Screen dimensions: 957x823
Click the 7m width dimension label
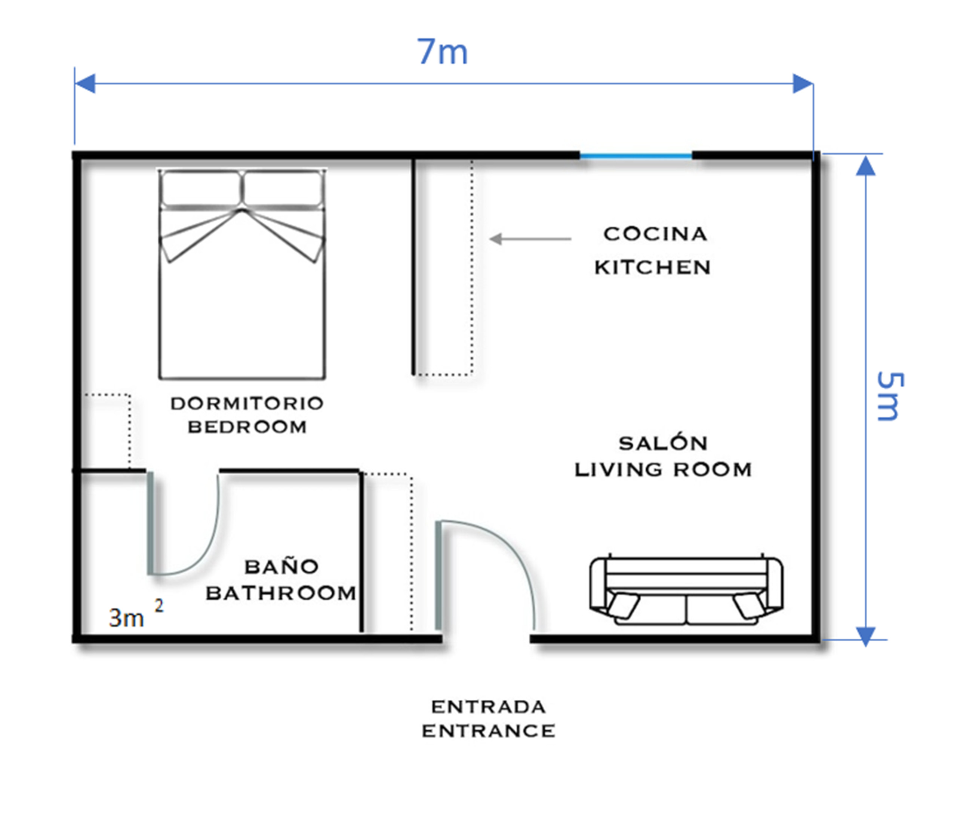(x=442, y=52)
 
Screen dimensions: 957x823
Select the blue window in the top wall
(x=636, y=156)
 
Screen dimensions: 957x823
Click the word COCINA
(x=655, y=234)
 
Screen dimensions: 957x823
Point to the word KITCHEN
(x=653, y=267)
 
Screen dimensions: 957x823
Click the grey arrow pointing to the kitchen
(x=530, y=239)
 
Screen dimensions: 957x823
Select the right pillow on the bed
(x=283, y=188)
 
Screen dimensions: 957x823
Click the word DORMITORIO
(x=247, y=403)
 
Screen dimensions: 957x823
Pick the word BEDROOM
(x=247, y=427)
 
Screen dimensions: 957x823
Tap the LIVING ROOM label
(x=663, y=470)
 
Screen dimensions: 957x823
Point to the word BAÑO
(x=281, y=566)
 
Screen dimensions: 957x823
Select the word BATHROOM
(x=281, y=594)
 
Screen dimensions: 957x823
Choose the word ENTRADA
(x=488, y=707)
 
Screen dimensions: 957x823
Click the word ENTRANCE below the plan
(x=488, y=731)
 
